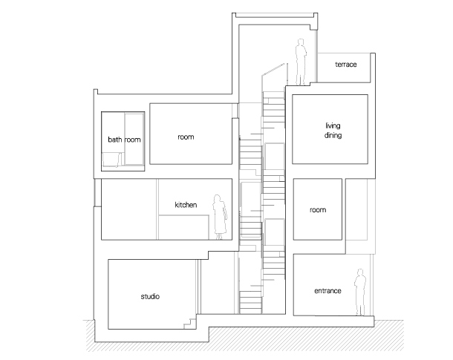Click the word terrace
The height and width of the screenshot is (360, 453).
(346, 65)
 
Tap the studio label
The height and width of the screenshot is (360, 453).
(150, 296)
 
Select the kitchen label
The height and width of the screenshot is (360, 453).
(186, 205)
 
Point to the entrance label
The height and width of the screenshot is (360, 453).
(327, 291)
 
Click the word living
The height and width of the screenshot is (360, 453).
(333, 126)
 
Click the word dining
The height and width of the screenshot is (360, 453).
(333, 135)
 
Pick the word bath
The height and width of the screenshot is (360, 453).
(114, 140)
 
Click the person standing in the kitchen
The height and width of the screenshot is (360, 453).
(220, 217)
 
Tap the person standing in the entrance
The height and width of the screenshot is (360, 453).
(360, 292)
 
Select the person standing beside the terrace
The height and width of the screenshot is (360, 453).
(301, 62)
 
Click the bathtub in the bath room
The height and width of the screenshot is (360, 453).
(112, 160)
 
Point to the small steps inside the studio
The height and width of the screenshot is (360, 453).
(191, 324)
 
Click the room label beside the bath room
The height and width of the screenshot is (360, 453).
(186, 137)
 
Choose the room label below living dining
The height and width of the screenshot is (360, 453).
(318, 210)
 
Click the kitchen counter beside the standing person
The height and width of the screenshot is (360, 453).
(183, 227)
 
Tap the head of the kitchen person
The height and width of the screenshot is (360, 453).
(218, 198)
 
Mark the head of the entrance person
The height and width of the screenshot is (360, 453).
(360, 272)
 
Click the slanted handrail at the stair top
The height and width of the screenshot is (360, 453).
(273, 70)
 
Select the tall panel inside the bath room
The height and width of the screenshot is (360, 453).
(134, 139)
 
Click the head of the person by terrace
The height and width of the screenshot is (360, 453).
(301, 42)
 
